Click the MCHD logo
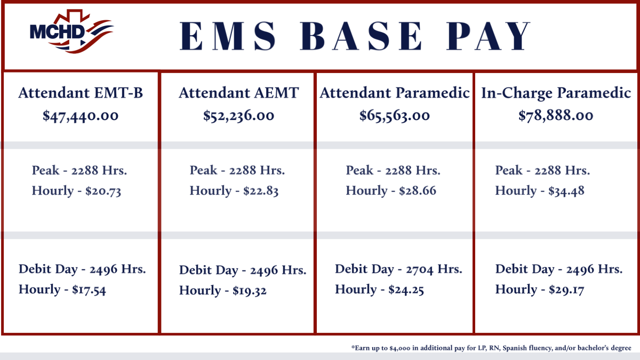pos(71,31)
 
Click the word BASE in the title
pos(361,36)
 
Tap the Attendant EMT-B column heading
pos(81,93)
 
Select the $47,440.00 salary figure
pos(81,116)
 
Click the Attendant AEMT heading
pos(239,93)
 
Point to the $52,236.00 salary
pos(238,116)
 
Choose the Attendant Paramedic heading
pos(395,93)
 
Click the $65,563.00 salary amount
pos(395,116)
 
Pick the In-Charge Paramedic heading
pos(556,93)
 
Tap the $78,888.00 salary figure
pos(556,116)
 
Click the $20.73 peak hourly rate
pos(103,191)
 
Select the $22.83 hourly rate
pos(261,191)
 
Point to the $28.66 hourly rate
pos(418,191)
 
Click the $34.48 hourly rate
pos(566,191)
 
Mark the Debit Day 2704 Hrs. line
pos(398,269)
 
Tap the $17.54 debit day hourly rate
pos(89,290)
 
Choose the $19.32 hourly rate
pos(250,291)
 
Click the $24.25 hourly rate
pos(406,290)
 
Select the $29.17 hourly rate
pos(566,290)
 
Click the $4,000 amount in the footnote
pos(399,348)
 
